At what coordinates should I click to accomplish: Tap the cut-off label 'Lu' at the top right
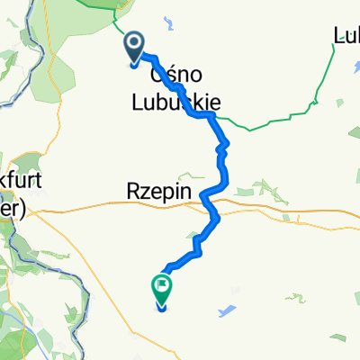pos(346,37)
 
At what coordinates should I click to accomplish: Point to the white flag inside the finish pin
pos(162,288)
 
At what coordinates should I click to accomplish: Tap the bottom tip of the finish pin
pos(162,309)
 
